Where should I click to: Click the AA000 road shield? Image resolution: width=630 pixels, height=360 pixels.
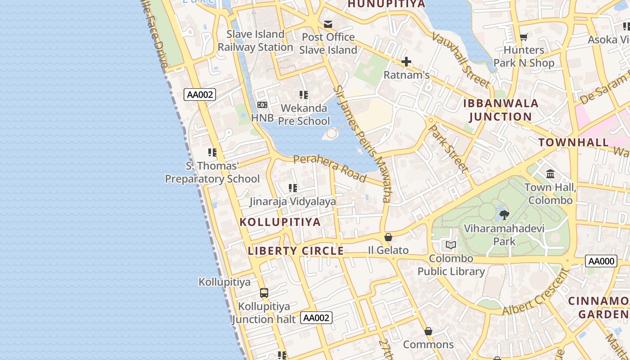tap(601, 261)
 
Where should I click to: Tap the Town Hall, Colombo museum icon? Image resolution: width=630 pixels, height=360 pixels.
tap(550, 174)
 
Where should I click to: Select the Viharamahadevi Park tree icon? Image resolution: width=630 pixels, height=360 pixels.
tap(504, 215)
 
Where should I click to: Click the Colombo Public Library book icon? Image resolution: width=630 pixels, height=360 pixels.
tap(450, 245)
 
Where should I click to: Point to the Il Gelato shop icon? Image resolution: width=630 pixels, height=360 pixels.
tap(388, 237)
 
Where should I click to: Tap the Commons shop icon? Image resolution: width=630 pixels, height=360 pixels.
tap(428, 332)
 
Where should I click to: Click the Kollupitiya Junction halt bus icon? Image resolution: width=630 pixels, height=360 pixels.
tap(264, 293)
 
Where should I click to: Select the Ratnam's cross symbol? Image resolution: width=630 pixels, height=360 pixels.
tap(406, 62)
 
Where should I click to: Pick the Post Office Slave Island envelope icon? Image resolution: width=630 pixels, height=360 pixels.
tap(328, 24)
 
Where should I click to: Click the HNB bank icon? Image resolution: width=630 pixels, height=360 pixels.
tap(262, 105)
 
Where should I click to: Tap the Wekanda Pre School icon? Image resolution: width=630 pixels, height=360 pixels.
tap(304, 95)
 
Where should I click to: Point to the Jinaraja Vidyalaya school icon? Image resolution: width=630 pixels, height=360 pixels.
tap(293, 188)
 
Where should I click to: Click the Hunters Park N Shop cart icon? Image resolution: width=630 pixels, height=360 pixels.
tap(523, 37)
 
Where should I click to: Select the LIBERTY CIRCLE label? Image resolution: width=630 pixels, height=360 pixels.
tap(296, 251)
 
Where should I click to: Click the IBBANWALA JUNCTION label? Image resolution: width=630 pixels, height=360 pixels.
tap(501, 110)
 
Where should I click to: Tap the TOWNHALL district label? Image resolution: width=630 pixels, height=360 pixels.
tap(574, 143)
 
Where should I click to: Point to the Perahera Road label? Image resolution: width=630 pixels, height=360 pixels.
tap(329, 168)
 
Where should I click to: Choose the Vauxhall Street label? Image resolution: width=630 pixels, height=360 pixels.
tap(460, 59)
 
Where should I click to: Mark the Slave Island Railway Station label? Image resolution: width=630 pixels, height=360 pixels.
tap(256, 40)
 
